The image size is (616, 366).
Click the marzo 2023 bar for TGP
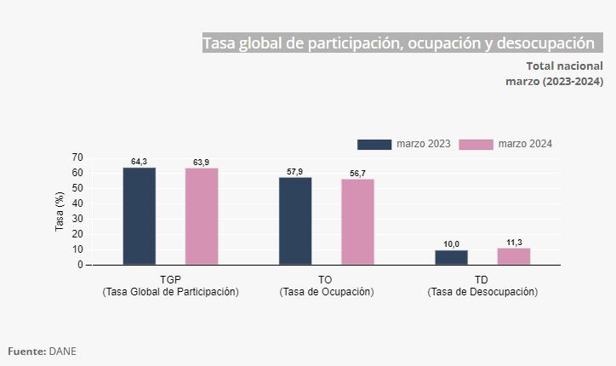click(x=139, y=216)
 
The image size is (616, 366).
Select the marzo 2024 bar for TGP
click(x=202, y=216)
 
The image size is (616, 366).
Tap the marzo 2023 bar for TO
click(x=295, y=221)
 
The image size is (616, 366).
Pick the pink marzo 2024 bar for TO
click(x=357, y=222)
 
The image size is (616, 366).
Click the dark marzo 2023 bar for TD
click(x=451, y=257)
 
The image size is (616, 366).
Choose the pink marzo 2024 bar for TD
click(x=514, y=256)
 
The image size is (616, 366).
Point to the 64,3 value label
click(x=139, y=162)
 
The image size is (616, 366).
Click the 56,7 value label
click(x=357, y=174)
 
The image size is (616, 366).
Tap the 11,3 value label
click(x=514, y=243)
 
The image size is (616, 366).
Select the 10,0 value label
click(x=451, y=244)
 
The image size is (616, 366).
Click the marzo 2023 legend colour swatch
click(x=374, y=144)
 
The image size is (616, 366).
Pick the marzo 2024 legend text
click(x=525, y=144)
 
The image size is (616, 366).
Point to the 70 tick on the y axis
click(x=77, y=157)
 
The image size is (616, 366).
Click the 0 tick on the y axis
click(x=80, y=265)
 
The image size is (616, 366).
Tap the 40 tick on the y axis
click(x=77, y=203)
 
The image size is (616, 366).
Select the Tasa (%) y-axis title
click(x=60, y=211)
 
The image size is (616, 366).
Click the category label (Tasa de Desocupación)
click(x=482, y=292)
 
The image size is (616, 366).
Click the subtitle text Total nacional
click(x=564, y=66)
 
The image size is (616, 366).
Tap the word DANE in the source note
click(x=63, y=351)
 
